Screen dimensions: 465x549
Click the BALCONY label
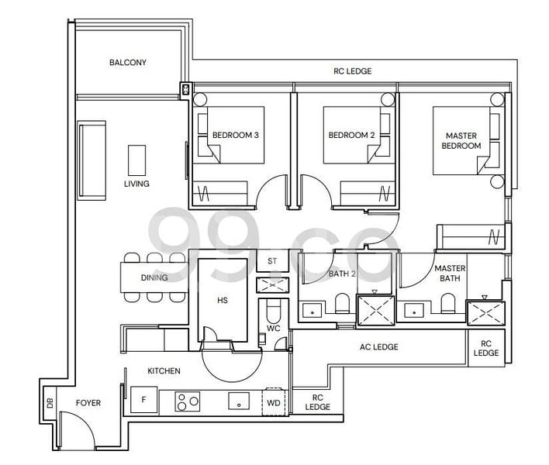click(x=128, y=63)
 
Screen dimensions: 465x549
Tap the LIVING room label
click(x=136, y=184)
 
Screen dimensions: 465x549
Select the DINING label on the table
click(x=154, y=277)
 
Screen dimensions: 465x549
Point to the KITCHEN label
click(x=164, y=371)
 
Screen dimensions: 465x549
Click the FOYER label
click(x=88, y=403)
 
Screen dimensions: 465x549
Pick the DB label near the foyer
click(x=50, y=403)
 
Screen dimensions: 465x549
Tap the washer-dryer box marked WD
click(x=274, y=402)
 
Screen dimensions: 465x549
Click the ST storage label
click(x=272, y=261)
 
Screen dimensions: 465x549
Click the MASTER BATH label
click(x=449, y=273)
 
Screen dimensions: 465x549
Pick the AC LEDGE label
click(x=378, y=347)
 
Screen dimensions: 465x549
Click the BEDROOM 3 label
click(x=235, y=135)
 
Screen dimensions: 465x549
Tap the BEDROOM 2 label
click(x=351, y=135)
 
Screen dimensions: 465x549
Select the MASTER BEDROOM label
click(x=461, y=139)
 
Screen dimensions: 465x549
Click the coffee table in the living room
click(x=136, y=158)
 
